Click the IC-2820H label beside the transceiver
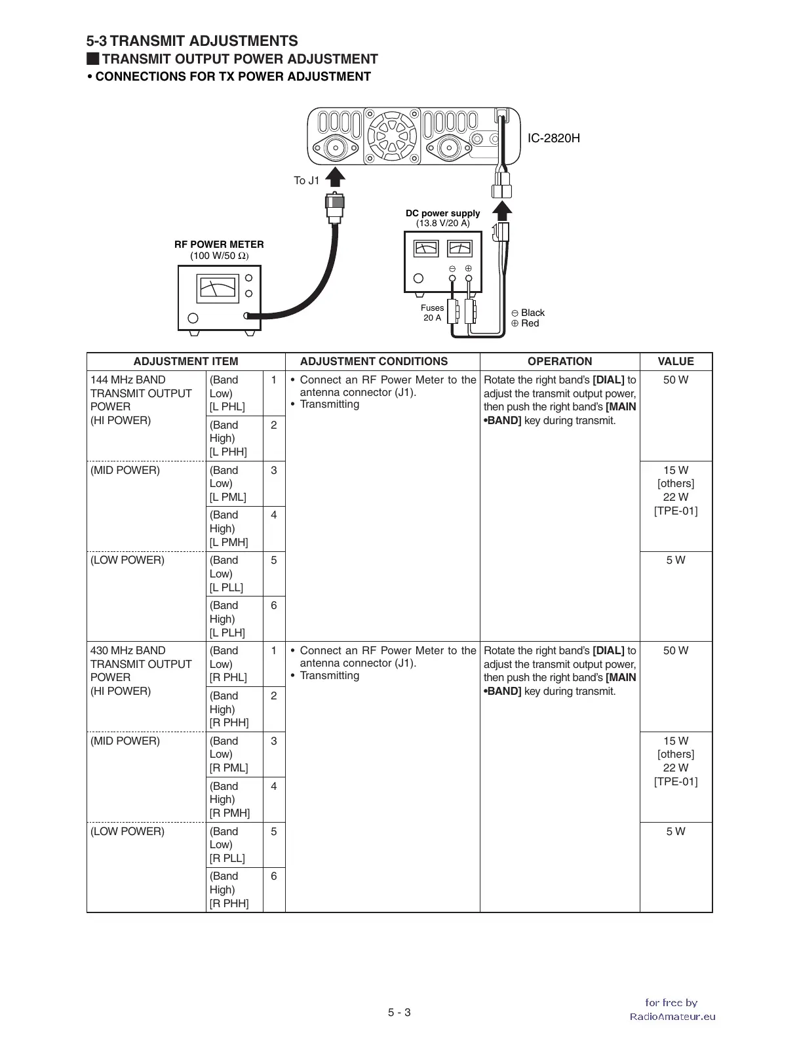tap(554, 138)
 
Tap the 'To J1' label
tap(306, 181)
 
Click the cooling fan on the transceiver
tap(392, 138)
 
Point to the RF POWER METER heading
tap(219, 245)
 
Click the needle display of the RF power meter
tap(218, 289)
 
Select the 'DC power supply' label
tap(442, 213)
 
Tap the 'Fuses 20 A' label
tap(432, 313)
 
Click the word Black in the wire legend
tap(532, 313)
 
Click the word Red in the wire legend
tap(530, 323)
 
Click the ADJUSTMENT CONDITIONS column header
tap(374, 361)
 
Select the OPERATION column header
tap(560, 361)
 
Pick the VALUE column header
tap(676, 361)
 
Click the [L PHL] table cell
tap(227, 406)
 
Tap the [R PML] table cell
tap(229, 768)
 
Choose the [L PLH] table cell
tap(227, 633)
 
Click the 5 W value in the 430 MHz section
tap(676, 831)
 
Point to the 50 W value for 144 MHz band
tap(676, 380)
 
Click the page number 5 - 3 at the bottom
tap(399, 1012)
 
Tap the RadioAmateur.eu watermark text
tap(672, 1017)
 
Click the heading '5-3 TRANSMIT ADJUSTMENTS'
tap(192, 41)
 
